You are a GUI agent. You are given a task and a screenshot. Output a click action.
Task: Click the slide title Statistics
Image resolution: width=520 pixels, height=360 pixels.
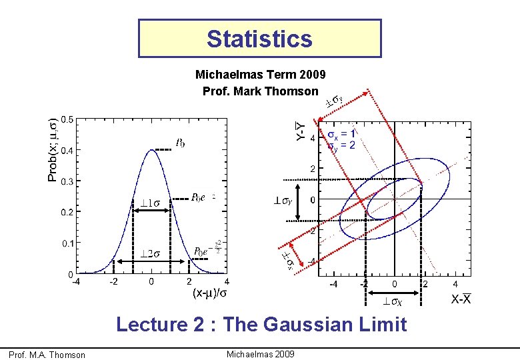coord(259,39)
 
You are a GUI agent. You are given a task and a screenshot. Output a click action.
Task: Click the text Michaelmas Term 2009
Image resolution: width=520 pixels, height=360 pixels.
coord(260,75)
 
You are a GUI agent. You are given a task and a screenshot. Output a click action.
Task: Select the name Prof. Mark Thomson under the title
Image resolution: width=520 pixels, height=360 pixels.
coord(260,90)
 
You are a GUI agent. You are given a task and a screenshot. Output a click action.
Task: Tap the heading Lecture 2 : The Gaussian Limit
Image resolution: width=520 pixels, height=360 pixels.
coord(261,325)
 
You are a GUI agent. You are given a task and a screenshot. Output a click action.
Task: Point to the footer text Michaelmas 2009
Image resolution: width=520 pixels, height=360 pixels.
coord(260,353)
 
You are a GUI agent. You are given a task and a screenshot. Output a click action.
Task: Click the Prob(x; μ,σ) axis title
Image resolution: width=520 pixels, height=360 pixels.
coord(53,149)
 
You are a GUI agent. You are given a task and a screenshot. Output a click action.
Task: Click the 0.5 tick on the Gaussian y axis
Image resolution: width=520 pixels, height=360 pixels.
coord(67,119)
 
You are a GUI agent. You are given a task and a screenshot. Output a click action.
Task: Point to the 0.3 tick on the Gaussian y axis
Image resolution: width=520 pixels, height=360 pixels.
coord(67,181)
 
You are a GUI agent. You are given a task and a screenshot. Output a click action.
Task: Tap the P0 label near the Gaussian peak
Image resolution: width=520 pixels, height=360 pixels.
coord(180,142)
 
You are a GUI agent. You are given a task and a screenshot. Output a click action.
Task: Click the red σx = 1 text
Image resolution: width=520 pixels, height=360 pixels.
coord(341,133)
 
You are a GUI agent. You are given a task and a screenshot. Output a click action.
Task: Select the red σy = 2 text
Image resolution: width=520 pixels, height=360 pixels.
coord(341,145)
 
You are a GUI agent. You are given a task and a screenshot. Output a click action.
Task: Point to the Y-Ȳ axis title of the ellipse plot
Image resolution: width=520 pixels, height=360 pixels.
coord(301,131)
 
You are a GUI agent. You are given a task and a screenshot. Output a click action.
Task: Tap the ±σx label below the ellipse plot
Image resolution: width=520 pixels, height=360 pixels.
coord(392,302)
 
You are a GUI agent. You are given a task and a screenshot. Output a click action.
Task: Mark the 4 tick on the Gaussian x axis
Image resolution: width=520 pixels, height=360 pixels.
coord(227,281)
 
